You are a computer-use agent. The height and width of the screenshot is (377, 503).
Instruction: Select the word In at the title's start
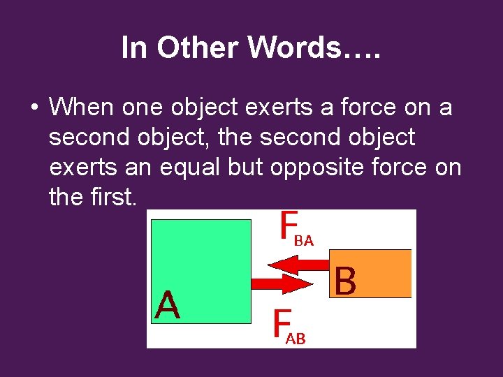[x=133, y=48]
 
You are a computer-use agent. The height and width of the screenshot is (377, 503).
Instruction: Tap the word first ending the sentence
[x=115, y=198]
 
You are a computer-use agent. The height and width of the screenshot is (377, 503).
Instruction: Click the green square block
[x=202, y=271]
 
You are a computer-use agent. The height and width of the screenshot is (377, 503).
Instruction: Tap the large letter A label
[x=168, y=306]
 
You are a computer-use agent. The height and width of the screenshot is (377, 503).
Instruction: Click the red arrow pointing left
[x=300, y=265]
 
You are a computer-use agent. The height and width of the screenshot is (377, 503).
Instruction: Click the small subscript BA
[x=304, y=242]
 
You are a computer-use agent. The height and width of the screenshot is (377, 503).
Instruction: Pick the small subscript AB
[x=296, y=340]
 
